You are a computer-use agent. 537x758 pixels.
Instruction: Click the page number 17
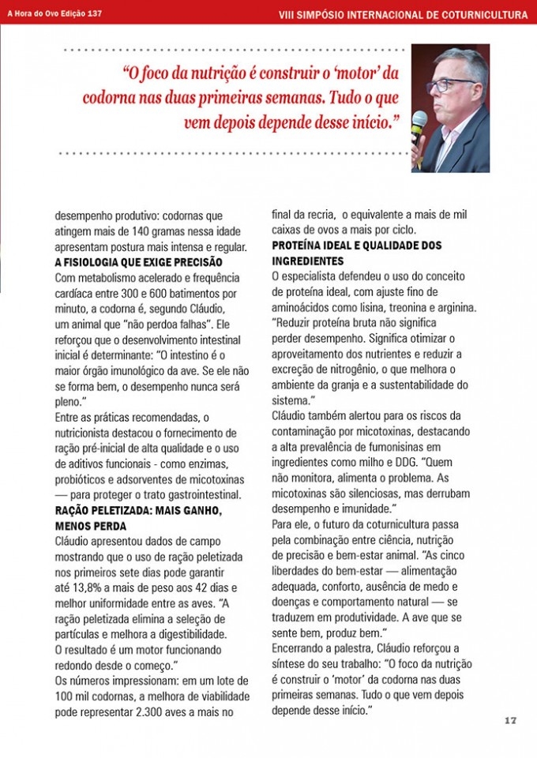tap(509, 720)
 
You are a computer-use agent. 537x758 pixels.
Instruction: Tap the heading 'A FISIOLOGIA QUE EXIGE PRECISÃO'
tap(138, 261)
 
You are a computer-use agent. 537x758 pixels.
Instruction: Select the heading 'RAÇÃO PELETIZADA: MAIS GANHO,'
tap(138, 510)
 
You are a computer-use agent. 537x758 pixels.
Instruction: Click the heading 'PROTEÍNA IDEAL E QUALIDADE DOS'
tap(356, 246)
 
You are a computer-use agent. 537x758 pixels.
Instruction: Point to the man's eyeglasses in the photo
tap(451, 84)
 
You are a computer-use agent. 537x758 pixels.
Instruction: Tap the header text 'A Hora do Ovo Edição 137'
tap(54, 13)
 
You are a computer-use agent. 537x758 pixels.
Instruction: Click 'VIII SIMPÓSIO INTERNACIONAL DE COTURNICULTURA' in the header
tap(404, 14)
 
